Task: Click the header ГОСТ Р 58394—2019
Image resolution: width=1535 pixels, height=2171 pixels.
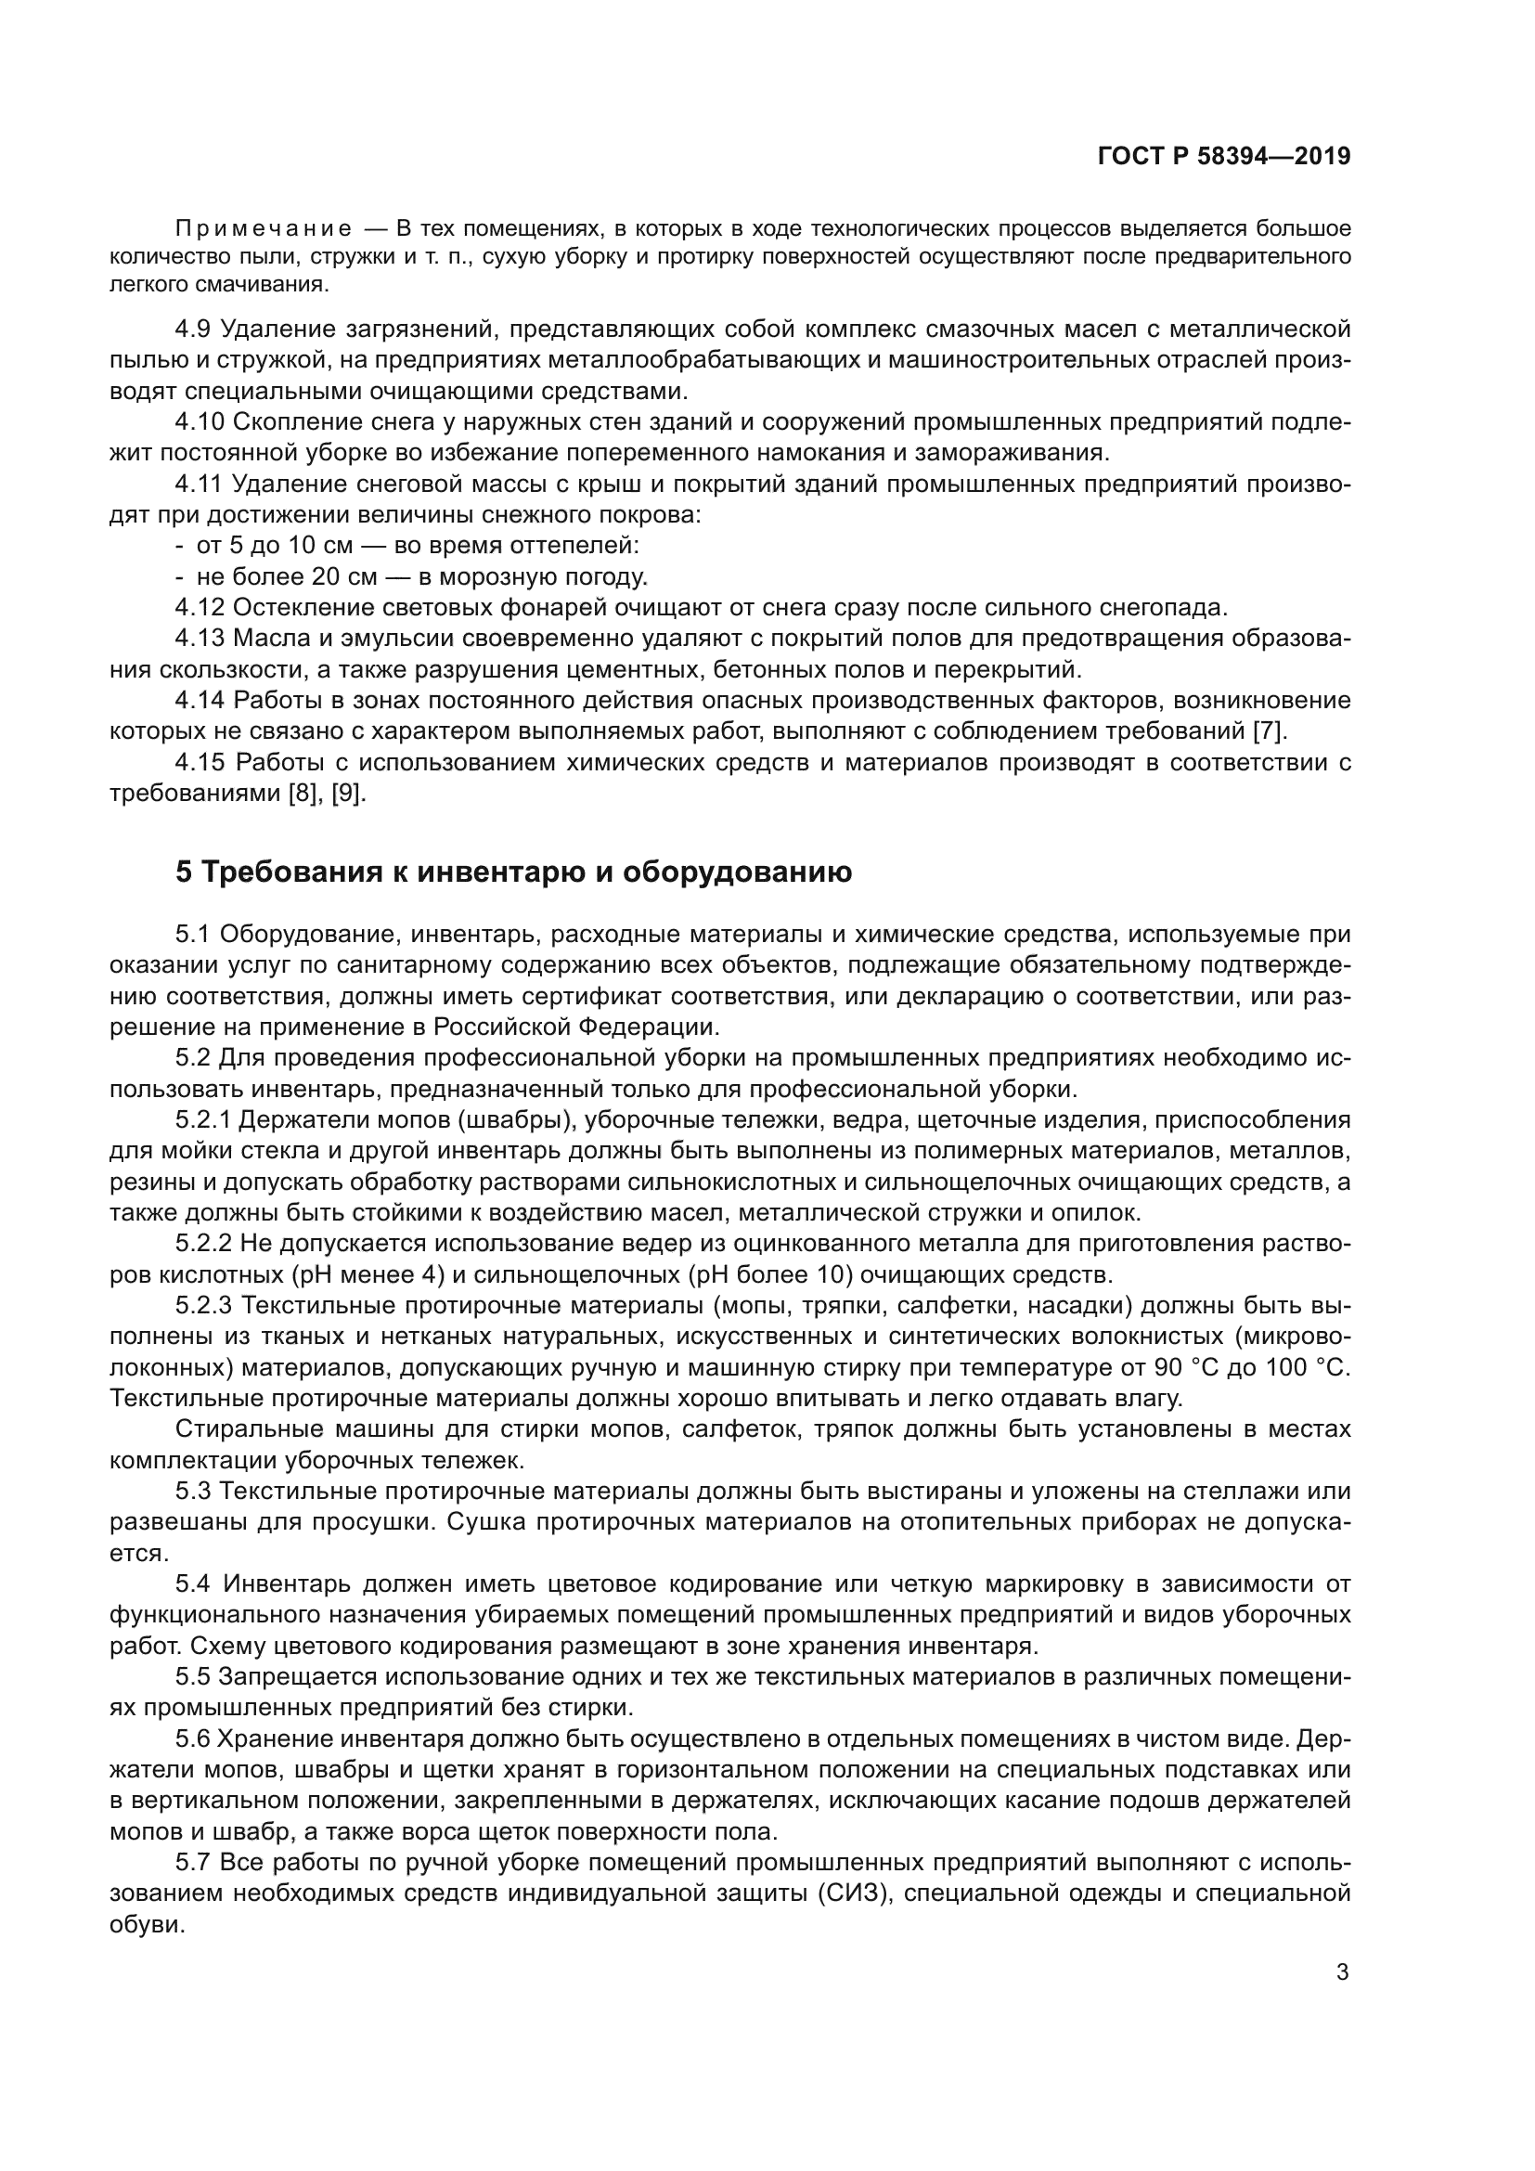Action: coord(1223,157)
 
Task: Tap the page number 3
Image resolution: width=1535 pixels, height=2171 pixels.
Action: coord(1342,1972)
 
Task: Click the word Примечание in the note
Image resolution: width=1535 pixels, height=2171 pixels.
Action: coord(264,229)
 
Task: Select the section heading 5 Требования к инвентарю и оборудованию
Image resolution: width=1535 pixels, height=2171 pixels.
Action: coord(513,872)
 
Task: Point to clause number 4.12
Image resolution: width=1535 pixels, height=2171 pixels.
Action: coord(200,607)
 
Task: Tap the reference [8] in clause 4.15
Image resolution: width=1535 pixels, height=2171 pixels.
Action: coord(303,794)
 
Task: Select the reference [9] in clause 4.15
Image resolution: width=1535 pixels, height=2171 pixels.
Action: coord(346,794)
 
